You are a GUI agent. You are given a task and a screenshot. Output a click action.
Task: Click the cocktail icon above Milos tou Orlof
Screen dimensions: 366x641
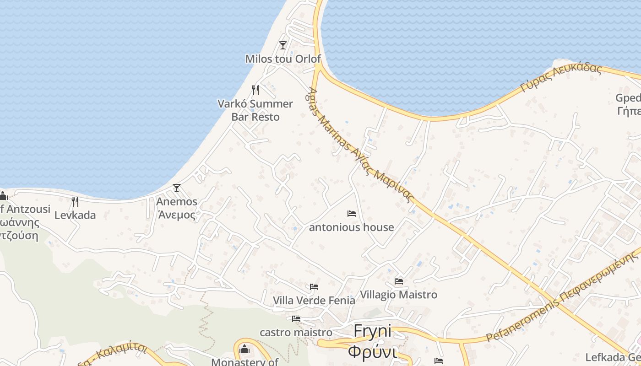283,45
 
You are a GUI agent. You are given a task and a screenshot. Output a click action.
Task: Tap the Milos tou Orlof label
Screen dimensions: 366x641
283,59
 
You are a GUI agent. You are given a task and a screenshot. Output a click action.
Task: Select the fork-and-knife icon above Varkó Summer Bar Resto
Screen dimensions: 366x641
255,90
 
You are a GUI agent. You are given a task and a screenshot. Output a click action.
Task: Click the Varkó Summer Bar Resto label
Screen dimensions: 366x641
255,110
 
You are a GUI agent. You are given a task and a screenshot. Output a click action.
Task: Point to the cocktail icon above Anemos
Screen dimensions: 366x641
176,188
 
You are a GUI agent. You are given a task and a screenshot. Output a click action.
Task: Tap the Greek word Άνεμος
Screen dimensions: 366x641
177,215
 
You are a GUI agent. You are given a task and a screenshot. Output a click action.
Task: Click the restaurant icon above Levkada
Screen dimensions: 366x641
75,201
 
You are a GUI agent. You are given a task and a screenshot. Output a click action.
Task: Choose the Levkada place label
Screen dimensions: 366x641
75,215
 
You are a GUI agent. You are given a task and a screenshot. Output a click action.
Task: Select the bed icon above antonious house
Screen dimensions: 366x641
352,214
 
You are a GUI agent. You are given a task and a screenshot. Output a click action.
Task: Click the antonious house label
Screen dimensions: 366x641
352,227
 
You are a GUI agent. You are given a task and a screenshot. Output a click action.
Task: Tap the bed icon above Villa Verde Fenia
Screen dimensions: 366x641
314,287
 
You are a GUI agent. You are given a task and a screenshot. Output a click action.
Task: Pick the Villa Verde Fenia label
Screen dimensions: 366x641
314,301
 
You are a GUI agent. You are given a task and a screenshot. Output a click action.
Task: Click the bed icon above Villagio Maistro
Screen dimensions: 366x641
399,281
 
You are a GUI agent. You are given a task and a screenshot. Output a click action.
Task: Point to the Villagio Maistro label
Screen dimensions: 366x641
399,295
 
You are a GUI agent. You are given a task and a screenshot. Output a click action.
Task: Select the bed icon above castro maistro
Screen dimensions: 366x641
296,318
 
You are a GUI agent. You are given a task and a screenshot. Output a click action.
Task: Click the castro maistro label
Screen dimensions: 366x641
296,333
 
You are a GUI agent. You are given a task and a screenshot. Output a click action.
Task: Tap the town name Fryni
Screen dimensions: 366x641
373,331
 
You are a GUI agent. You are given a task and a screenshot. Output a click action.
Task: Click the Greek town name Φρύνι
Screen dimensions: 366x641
373,352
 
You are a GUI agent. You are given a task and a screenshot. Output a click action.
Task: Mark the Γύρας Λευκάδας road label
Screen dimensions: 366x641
561,78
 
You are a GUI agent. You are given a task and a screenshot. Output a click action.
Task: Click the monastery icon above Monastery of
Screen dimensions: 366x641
244,350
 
